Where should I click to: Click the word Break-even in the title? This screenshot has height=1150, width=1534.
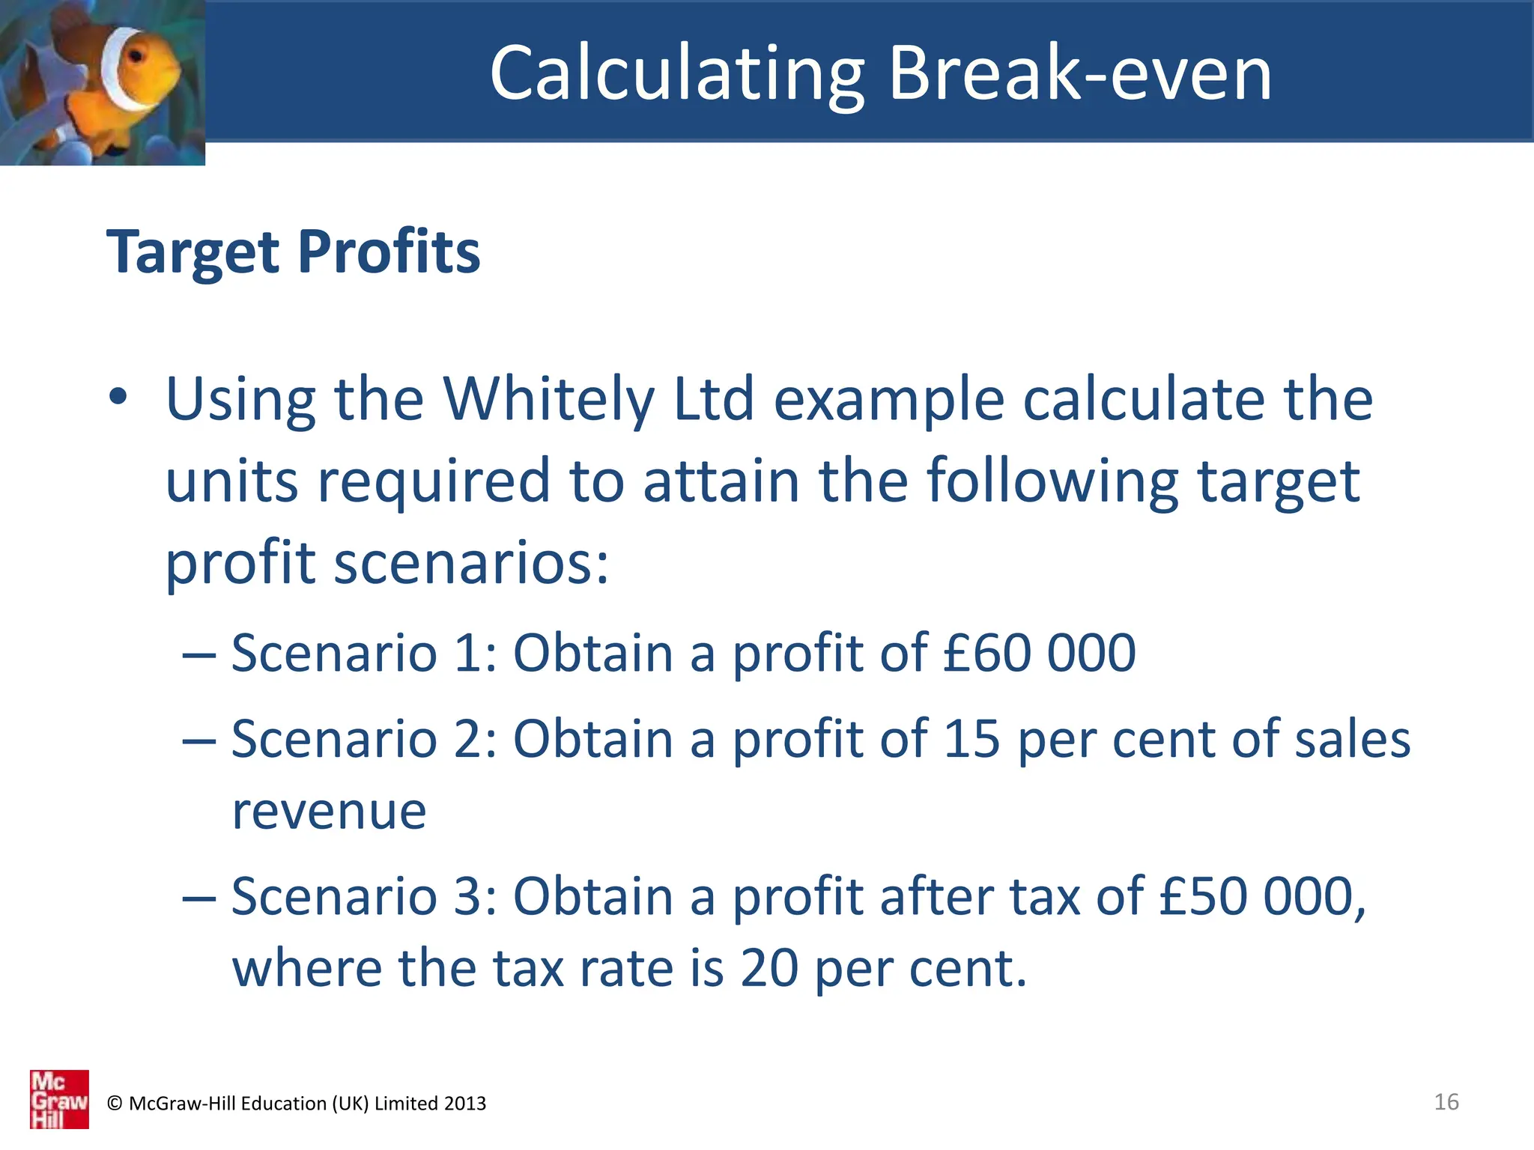pyautogui.click(x=1080, y=73)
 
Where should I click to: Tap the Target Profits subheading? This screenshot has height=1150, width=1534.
pyautogui.click(x=293, y=252)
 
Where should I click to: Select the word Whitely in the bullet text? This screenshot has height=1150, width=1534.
pyautogui.click(x=548, y=400)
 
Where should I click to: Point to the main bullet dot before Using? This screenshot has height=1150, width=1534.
pyautogui.click(x=118, y=396)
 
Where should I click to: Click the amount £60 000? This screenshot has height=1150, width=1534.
pyautogui.click(x=1039, y=653)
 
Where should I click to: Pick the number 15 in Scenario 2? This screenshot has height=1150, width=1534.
pyautogui.click(x=971, y=739)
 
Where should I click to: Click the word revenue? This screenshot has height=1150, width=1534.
pyautogui.click(x=329, y=812)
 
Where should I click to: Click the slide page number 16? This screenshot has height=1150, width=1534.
pyautogui.click(x=1446, y=1101)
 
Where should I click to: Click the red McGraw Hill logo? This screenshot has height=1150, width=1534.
pyautogui.click(x=59, y=1098)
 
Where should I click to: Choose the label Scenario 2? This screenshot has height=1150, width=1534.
pyautogui.click(x=364, y=739)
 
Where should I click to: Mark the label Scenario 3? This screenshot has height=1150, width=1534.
pyautogui.click(x=364, y=896)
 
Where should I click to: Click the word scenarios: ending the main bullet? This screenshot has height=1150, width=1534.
pyautogui.click(x=471, y=563)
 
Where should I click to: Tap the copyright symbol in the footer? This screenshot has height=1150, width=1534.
pyautogui.click(x=115, y=1104)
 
